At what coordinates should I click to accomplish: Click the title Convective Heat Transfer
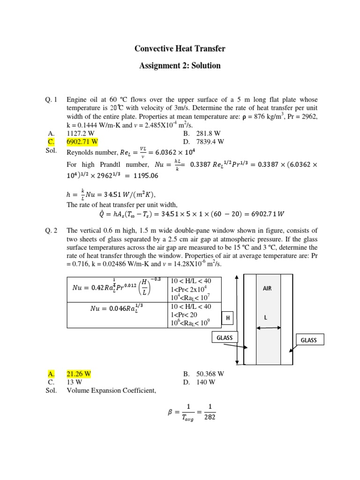tap(180, 48)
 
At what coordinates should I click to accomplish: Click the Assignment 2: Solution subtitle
tap(180, 66)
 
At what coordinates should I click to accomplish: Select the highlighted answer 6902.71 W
tap(82, 141)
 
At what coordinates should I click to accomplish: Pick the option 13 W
tap(75, 382)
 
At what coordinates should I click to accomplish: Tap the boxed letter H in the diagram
tap(228, 318)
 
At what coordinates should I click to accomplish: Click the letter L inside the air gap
tap(265, 317)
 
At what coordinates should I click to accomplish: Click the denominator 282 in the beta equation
tap(210, 417)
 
